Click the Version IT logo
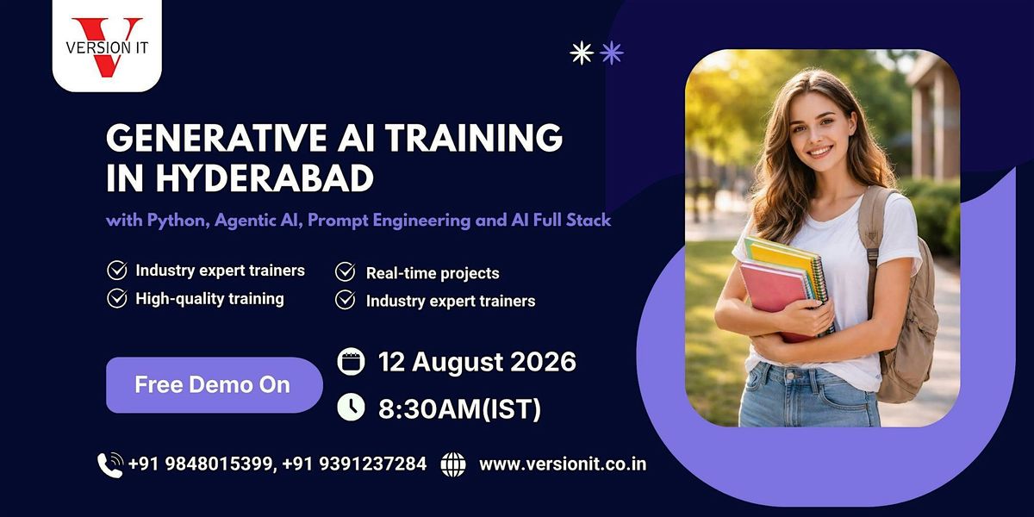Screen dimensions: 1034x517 tap(107, 47)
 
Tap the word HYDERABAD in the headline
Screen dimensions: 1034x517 tap(264, 178)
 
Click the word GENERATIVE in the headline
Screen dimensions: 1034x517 tap(216, 138)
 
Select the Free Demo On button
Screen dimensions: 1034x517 tap(215, 384)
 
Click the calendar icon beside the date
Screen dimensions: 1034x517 tap(351, 360)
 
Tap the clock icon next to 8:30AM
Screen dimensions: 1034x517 tap(351, 407)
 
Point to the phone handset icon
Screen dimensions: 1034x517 tap(110, 464)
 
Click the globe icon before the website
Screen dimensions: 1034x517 tap(453, 464)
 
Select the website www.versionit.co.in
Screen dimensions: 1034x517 tap(563, 464)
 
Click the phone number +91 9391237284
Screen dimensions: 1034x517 tap(354, 464)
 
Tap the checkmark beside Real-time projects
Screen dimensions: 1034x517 tap(345, 272)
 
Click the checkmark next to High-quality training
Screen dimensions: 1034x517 tap(117, 298)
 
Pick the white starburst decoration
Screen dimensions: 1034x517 tap(581, 53)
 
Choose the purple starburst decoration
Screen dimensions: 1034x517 tap(612, 53)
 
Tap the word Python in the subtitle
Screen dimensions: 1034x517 tap(178, 221)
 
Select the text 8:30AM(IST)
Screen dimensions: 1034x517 tap(459, 409)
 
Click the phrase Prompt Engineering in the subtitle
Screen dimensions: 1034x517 tap(389, 221)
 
